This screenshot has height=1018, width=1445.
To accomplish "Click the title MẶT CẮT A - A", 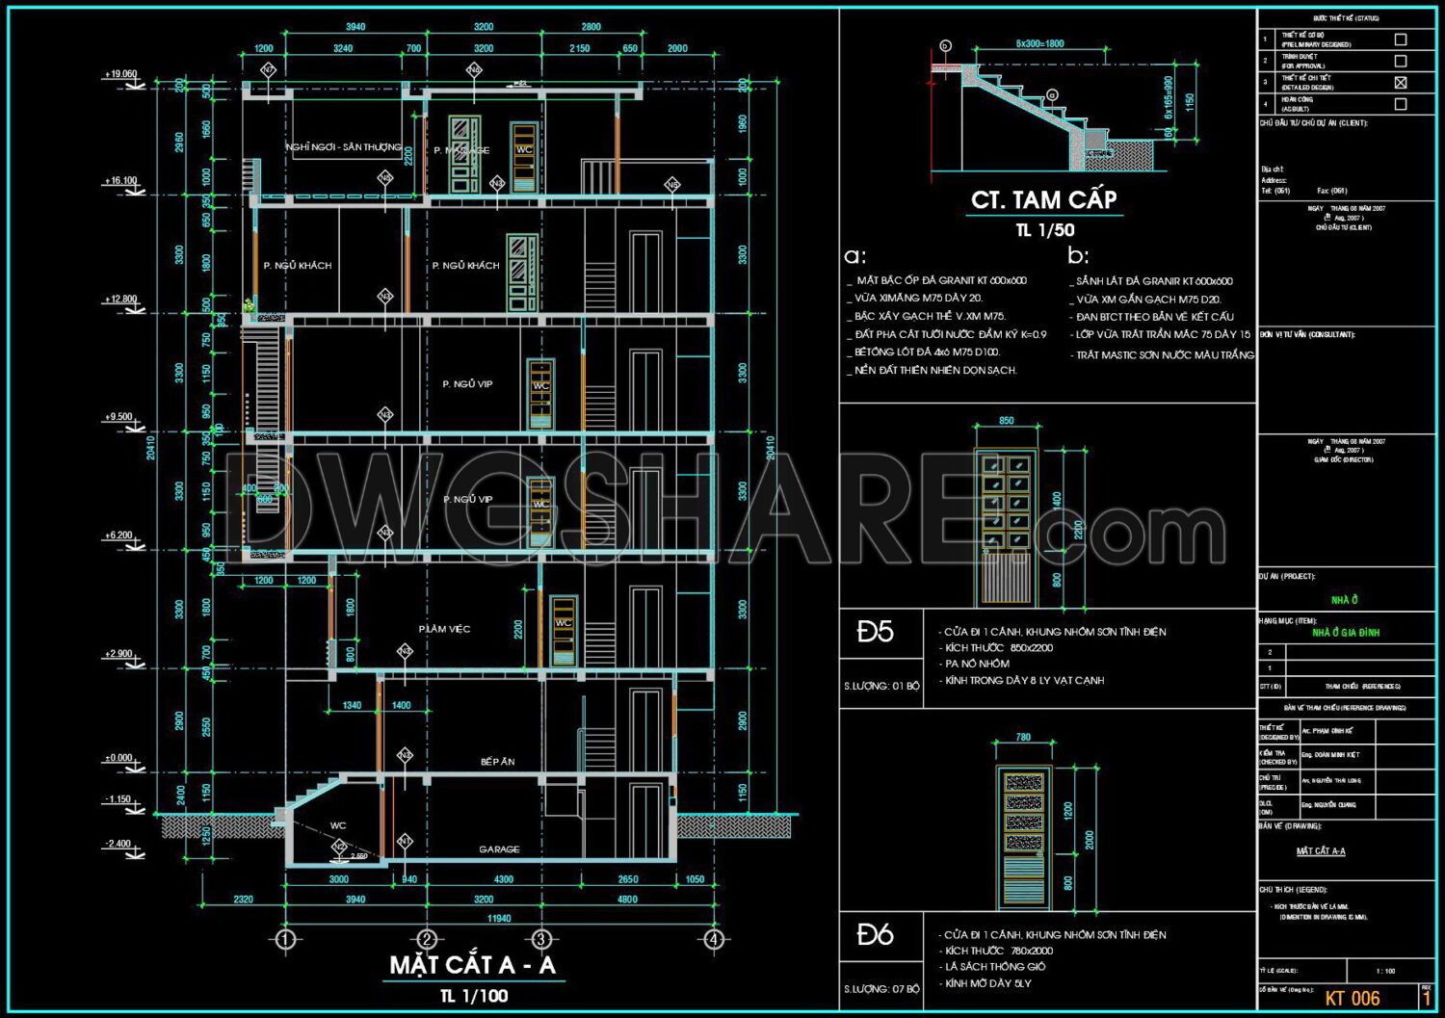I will pos(473,965).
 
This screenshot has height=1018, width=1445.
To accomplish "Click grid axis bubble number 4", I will pos(713,939).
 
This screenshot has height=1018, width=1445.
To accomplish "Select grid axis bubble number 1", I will pos(285,939).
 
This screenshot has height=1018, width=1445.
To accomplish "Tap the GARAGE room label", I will pos(499,849).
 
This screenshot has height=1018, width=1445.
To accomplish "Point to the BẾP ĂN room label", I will pos(497,762).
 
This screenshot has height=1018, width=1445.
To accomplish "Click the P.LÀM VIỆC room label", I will pos(444,629).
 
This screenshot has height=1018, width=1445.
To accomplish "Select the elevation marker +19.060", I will pos(121,74).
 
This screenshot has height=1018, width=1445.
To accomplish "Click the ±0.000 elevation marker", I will pos(118,758).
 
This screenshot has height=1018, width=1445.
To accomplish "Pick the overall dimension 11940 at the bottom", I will pos(499,918).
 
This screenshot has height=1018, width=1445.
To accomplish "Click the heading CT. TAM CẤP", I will pos(1043,200).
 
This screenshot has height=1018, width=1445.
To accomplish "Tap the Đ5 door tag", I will pos(875,632).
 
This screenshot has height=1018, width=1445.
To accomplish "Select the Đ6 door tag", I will pos(875,934).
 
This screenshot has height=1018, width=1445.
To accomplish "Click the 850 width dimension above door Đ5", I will pos(1006,421).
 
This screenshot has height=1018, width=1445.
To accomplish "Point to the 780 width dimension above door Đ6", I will pos(1023,738).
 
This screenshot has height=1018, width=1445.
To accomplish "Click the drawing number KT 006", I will pos(1353,999).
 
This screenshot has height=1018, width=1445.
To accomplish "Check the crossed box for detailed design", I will pos(1401,83).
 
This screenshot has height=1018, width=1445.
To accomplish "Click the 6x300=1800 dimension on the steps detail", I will pos(1039,43).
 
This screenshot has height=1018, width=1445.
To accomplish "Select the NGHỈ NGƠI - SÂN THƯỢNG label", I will pos(343,147).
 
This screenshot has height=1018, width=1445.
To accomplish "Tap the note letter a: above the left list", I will pos(854,256).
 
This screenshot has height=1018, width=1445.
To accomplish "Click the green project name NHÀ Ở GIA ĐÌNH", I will pos(1346,633).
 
